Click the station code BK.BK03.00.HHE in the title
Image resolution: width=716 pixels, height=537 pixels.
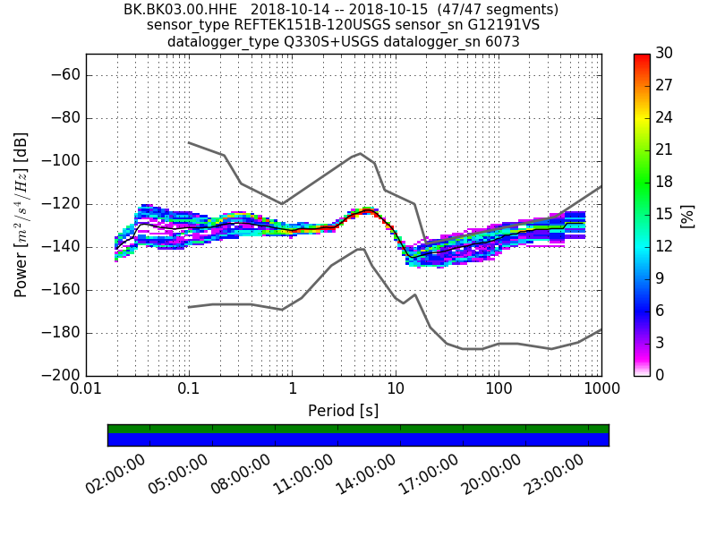(x=180, y=10)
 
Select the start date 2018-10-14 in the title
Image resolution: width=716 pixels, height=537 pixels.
(x=288, y=10)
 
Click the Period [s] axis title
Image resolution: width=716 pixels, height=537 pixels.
(x=343, y=411)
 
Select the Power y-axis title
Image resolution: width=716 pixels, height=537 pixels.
(x=21, y=215)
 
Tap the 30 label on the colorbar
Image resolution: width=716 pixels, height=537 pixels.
(x=665, y=54)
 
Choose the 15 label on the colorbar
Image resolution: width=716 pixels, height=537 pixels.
(x=665, y=214)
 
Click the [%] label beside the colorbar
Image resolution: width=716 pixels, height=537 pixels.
(x=687, y=215)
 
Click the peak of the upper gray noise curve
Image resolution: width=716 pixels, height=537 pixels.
(x=360, y=153)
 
